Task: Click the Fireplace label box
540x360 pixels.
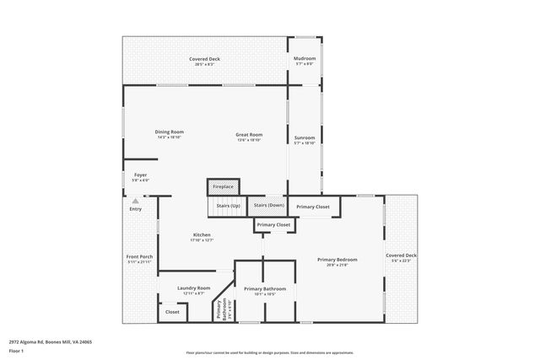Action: pos(223,186)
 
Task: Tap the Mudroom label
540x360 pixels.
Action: pos(305,61)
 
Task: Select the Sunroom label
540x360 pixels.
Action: pos(304,140)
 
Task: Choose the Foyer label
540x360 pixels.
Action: pos(140,177)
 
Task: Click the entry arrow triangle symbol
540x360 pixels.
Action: pos(136,201)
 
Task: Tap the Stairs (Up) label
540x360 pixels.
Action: pos(228,206)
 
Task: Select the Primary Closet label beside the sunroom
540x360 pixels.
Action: pos(313,207)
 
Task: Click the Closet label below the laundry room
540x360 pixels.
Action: pos(172,312)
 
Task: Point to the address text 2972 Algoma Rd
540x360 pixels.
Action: pos(51,342)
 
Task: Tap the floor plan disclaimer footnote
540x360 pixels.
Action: pos(270,353)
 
